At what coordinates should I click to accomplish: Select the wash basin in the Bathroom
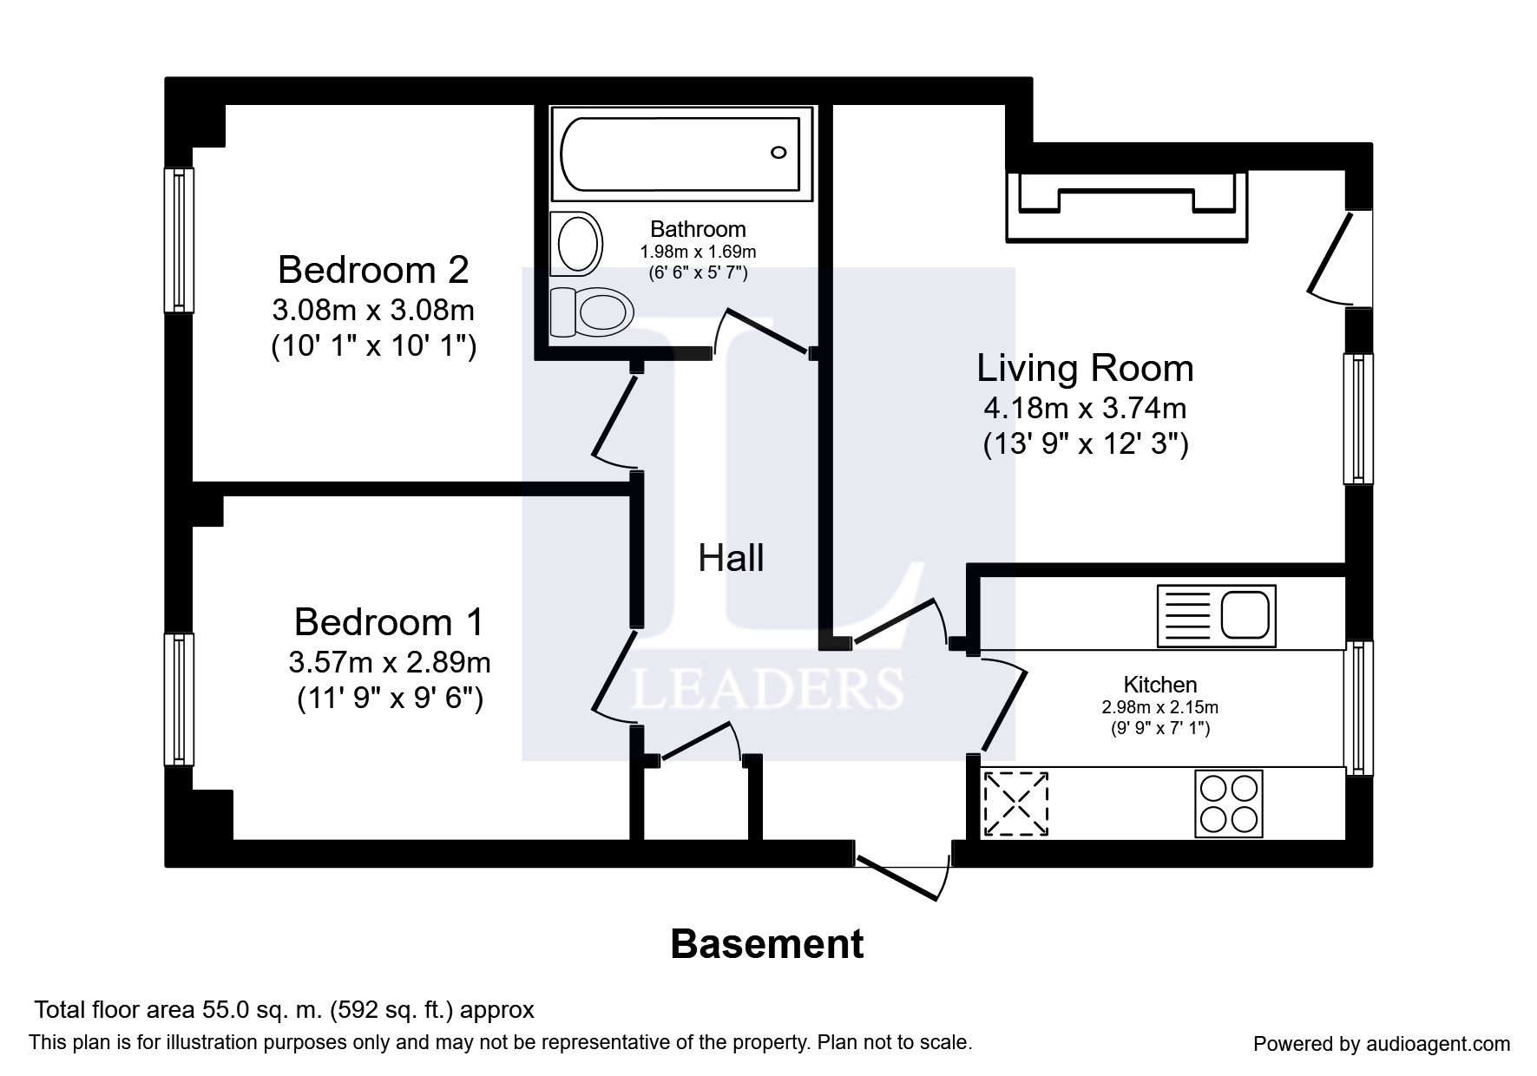(577, 243)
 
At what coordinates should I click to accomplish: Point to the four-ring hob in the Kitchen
(1229, 804)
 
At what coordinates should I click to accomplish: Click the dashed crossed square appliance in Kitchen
(1015, 804)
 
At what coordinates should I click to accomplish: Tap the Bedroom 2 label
(373, 270)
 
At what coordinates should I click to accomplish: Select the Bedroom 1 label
(389, 622)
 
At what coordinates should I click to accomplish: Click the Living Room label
(1085, 368)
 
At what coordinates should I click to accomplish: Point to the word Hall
(731, 558)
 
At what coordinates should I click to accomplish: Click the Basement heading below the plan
(767, 944)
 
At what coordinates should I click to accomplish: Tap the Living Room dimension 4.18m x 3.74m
(1085, 407)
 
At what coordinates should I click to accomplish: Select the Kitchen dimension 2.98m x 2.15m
(1160, 707)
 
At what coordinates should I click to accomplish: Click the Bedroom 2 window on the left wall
(180, 240)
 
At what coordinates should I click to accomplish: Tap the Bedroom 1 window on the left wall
(180, 700)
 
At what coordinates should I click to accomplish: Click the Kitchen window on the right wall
(1359, 708)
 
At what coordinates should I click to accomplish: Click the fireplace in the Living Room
(1126, 205)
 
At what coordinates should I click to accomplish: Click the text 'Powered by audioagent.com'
(1382, 1044)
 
